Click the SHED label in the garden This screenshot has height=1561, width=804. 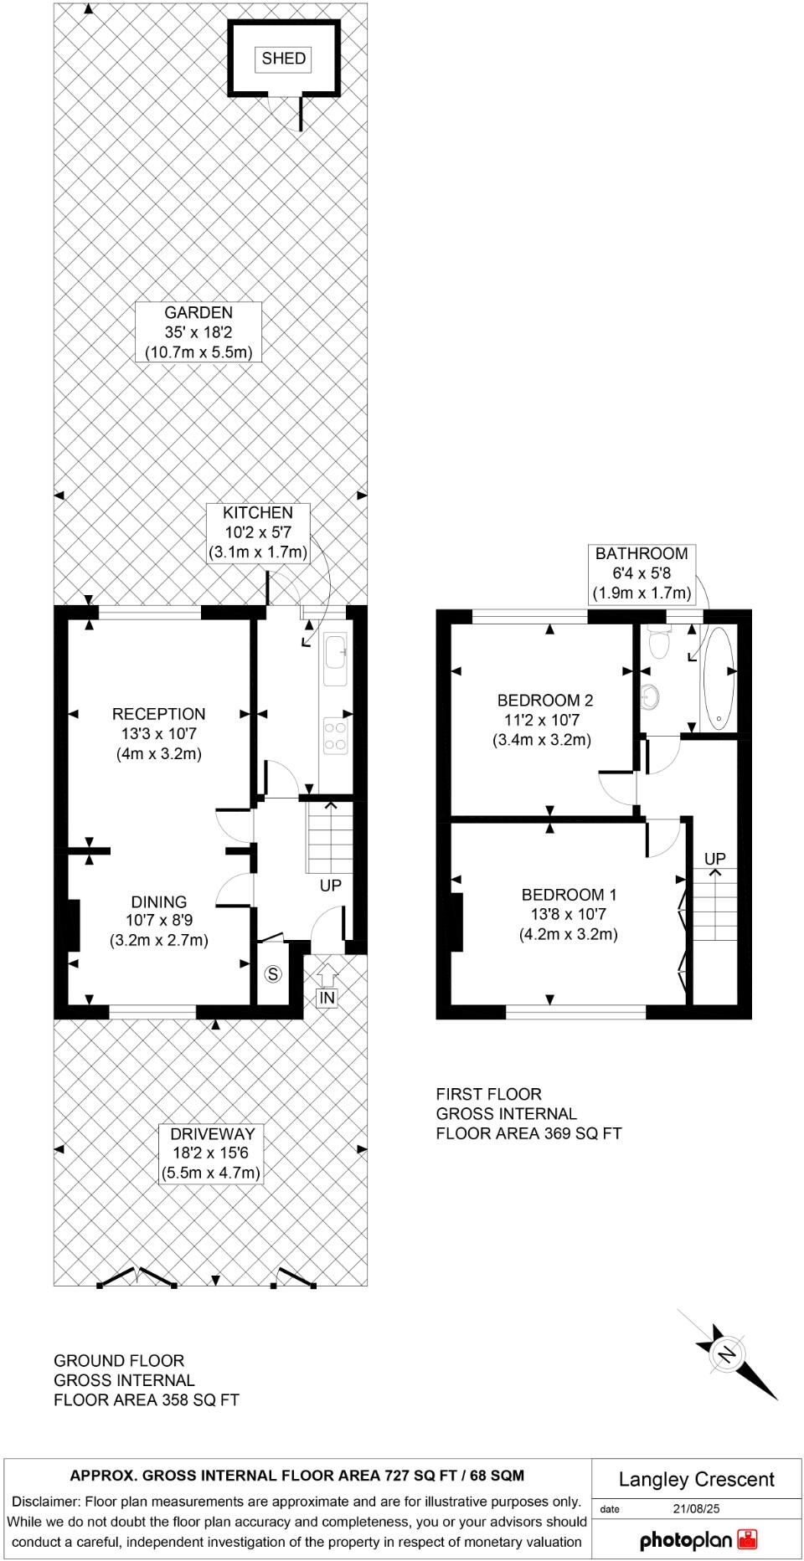click(284, 59)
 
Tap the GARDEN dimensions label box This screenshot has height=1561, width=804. click(198, 332)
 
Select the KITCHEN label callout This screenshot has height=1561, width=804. click(258, 532)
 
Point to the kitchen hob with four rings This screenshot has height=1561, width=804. click(336, 736)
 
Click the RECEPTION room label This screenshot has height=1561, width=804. click(159, 733)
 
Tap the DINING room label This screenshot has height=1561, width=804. click(159, 921)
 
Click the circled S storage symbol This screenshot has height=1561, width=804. click(273, 973)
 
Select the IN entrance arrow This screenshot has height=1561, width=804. click(327, 986)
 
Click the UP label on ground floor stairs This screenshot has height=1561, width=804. click(331, 886)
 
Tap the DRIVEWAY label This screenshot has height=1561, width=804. click(211, 1153)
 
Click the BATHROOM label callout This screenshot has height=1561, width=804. click(642, 573)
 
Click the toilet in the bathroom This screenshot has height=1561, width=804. click(659, 644)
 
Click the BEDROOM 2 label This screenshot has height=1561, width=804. click(545, 720)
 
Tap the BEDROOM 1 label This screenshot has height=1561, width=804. click(569, 914)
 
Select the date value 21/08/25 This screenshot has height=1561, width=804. click(696, 1509)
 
